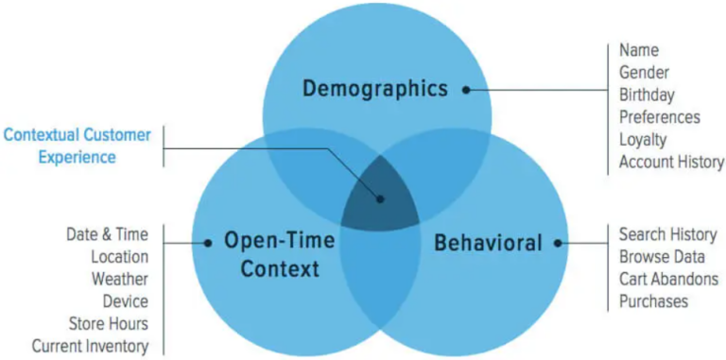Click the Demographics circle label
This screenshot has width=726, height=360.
tap(374, 89)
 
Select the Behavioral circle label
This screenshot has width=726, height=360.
tap(488, 243)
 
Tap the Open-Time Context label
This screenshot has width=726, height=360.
tap(279, 255)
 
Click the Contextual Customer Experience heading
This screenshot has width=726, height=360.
tap(77, 146)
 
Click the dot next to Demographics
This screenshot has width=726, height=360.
tap(466, 90)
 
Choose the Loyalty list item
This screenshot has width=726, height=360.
tap(643, 140)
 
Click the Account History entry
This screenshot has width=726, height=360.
tap(671, 163)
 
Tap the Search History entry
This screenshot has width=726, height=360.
tap(667, 234)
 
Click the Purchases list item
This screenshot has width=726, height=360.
tap(653, 301)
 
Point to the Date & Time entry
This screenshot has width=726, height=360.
tap(107, 234)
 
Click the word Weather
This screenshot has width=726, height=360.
tap(119, 279)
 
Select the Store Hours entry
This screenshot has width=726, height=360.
tap(108, 324)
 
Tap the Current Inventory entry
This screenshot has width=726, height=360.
tap(90, 347)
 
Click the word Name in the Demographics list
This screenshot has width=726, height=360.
tap(639, 49)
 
